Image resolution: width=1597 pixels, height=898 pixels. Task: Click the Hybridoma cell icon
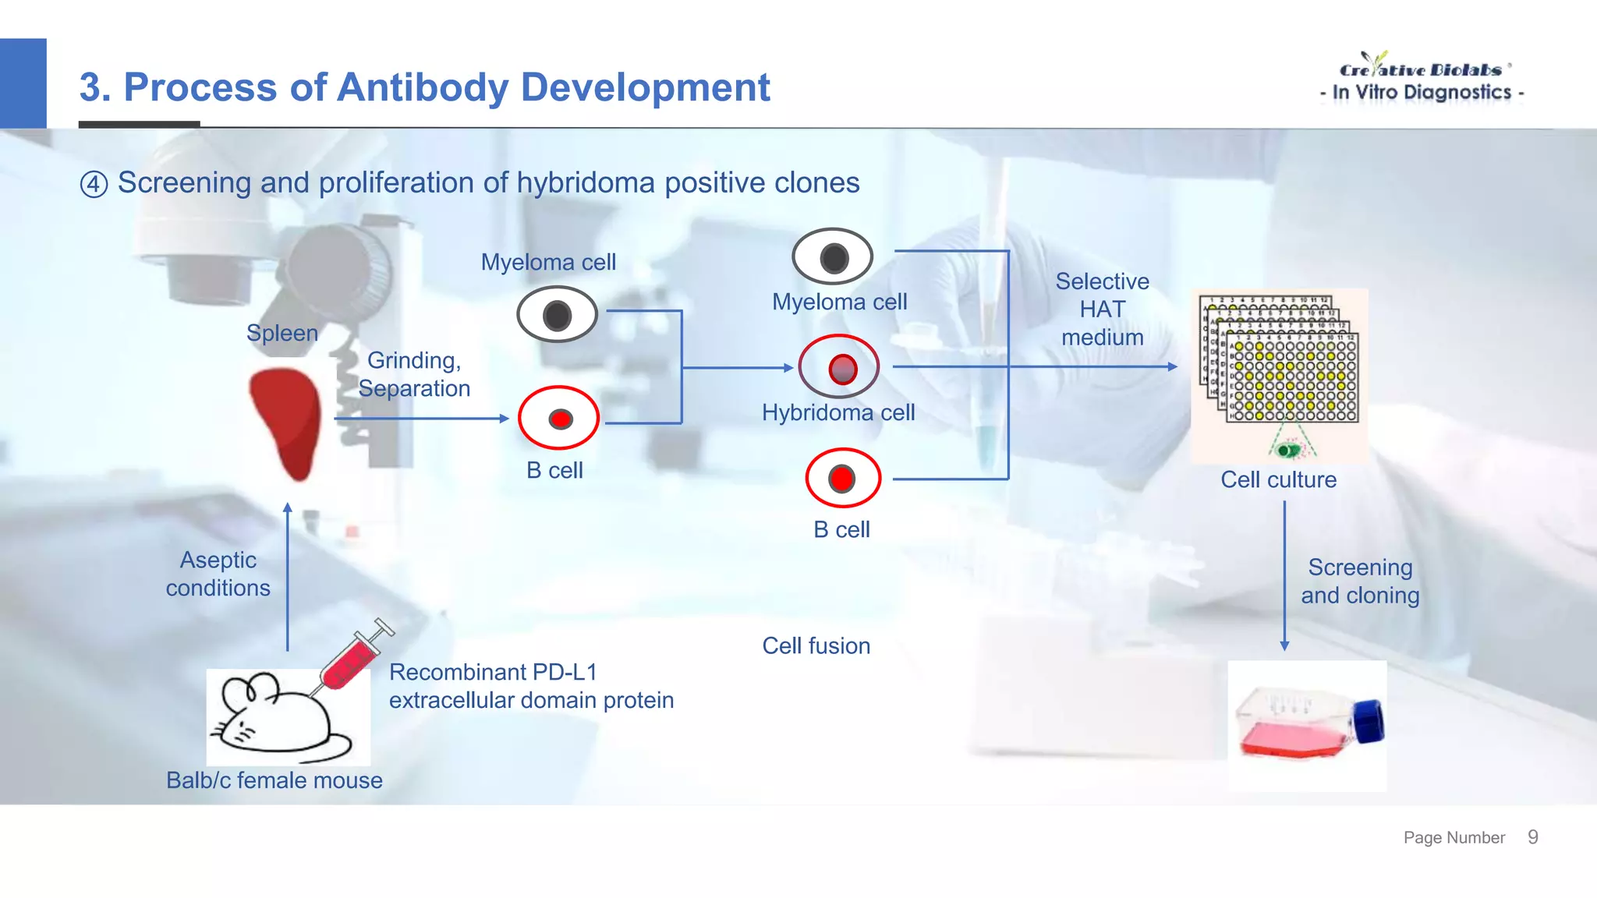pyautogui.click(x=840, y=367)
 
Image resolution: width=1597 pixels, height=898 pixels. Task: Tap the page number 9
pyautogui.click(x=1532, y=837)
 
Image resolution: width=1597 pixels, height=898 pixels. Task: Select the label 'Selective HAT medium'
pyautogui.click(x=1102, y=309)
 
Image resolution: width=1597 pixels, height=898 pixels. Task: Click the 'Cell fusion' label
pyautogui.click(x=816, y=645)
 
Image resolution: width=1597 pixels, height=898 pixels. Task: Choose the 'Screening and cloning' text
pyautogui.click(x=1360, y=582)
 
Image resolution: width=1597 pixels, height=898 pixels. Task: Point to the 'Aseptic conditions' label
pyautogui.click(x=218, y=574)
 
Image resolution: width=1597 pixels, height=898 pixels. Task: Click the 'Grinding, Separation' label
pyautogui.click(x=414, y=374)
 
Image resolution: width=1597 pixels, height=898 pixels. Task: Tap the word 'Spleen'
pyautogui.click(x=282, y=333)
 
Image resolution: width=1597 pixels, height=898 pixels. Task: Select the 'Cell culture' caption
pyautogui.click(x=1278, y=479)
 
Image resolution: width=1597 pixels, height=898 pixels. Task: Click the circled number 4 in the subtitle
pyautogui.click(x=94, y=185)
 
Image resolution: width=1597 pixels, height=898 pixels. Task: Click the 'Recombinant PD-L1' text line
pyautogui.click(x=493, y=672)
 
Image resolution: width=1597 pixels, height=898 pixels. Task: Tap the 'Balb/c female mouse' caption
pyautogui.click(x=274, y=780)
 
